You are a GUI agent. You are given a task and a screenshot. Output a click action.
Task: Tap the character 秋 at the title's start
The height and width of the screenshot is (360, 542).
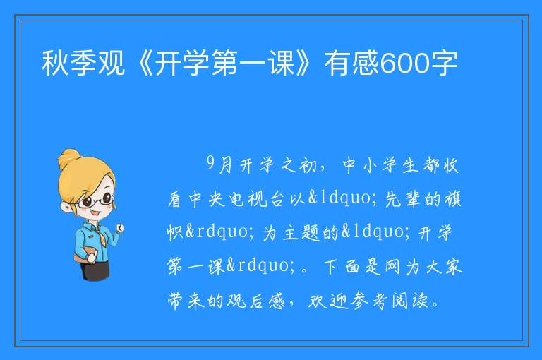pyautogui.click(x=55, y=63)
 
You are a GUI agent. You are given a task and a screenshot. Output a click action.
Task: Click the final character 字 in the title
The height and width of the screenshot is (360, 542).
pyautogui.click(x=444, y=63)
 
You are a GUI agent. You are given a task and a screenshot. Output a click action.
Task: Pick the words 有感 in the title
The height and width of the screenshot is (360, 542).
pyautogui.click(x=352, y=63)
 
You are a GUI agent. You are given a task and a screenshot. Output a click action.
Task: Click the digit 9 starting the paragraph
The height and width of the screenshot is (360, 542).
pyautogui.click(x=211, y=164)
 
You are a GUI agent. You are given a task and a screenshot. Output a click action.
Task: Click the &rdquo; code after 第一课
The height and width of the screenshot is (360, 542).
pyautogui.click(x=262, y=266)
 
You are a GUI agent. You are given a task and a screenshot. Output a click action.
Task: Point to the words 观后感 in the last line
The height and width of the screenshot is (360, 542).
pyautogui.click(x=256, y=301)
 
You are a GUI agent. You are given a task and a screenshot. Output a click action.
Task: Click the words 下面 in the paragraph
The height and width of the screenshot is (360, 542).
pyautogui.click(x=342, y=267)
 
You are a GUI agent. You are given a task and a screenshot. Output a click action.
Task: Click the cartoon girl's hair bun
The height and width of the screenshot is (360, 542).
pyautogui.click(x=68, y=159)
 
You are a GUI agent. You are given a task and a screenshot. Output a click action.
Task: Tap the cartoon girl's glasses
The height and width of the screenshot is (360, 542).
pyautogui.click(x=95, y=200)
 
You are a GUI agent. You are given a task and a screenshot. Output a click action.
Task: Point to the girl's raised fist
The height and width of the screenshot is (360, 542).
pyautogui.click(x=119, y=228)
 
